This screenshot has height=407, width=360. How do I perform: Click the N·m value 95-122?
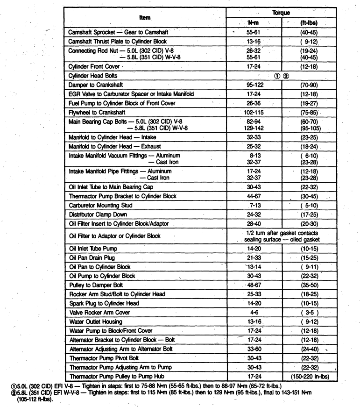(254, 85)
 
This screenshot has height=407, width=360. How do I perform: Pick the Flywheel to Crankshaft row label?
(98, 113)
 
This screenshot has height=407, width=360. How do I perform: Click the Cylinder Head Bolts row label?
(93, 75)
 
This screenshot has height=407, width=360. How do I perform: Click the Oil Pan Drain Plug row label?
(92, 257)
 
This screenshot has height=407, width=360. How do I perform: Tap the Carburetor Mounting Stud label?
(100, 205)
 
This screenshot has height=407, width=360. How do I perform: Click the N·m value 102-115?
(254, 113)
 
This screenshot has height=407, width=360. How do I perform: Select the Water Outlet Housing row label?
(95, 321)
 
